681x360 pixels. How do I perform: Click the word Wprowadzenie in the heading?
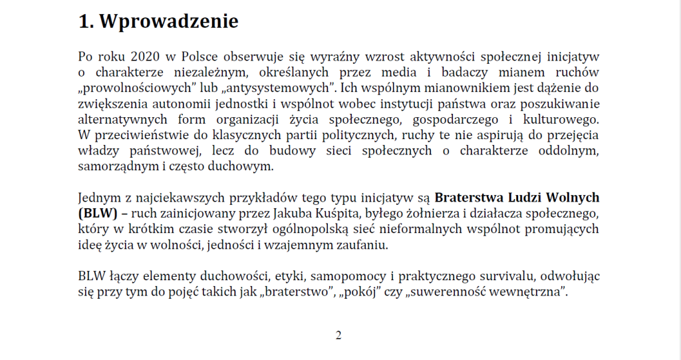coord(169,21)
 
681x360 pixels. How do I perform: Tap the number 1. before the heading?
coord(86,21)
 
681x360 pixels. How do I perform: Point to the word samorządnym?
coord(111,166)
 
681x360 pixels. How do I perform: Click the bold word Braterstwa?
coord(470,198)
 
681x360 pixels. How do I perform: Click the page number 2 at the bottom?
coord(339,335)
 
